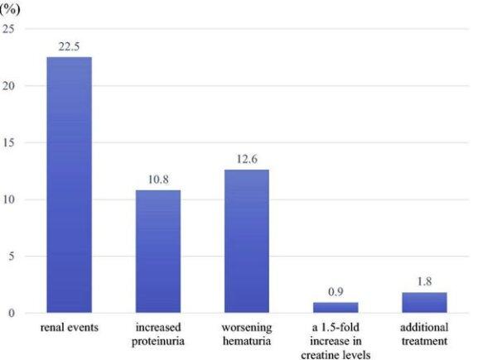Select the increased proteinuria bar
(x=157, y=252)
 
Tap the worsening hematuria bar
(x=246, y=241)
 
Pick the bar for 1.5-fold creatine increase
(x=335, y=308)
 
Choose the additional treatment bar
(x=424, y=303)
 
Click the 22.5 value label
(x=69, y=47)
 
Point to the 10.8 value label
(x=157, y=180)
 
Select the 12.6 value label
(x=246, y=160)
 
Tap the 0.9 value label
(x=335, y=293)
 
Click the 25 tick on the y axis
(x=8, y=29)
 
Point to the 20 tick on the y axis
(x=8, y=86)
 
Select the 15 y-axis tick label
(x=8, y=142)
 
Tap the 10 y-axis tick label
(x=8, y=199)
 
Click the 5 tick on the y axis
(x=11, y=257)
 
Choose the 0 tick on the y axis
(x=11, y=313)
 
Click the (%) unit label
(x=8, y=8)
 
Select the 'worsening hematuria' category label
(x=246, y=334)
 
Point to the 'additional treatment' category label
(x=424, y=334)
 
